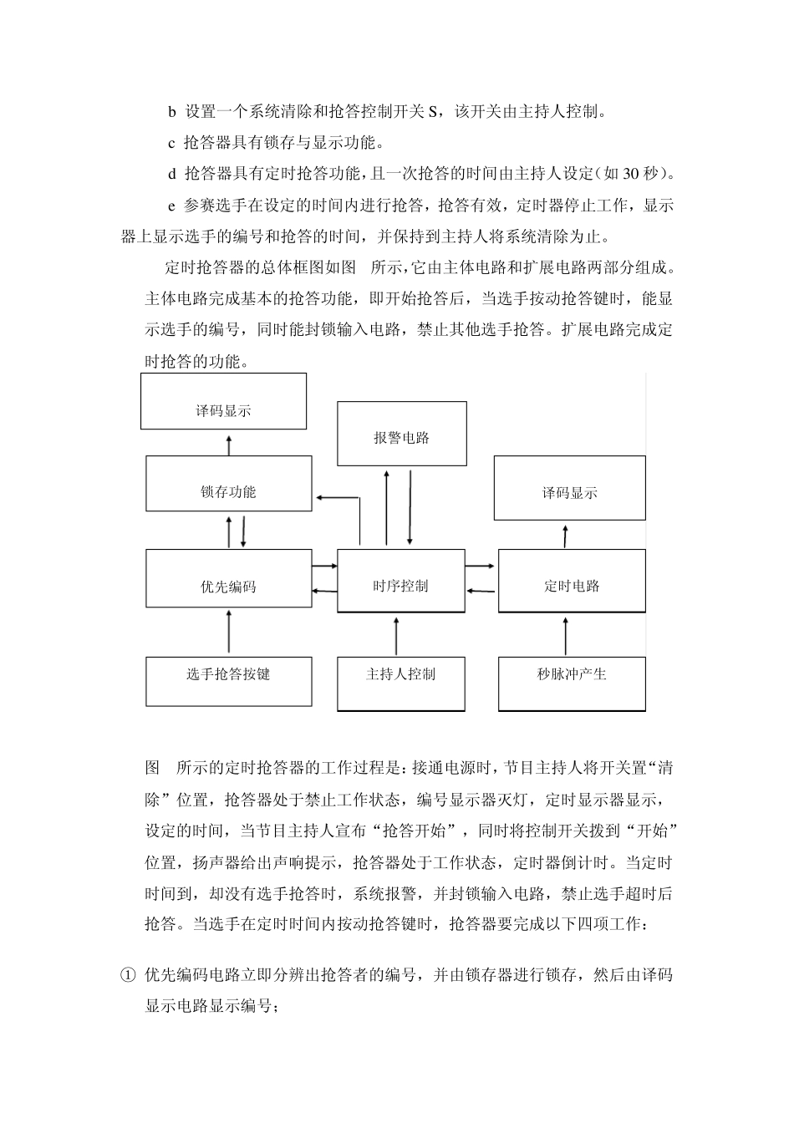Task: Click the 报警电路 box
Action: (401, 434)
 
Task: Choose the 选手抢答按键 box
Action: (228, 682)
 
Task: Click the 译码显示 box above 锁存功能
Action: (223, 401)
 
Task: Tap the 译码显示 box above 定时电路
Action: (569, 488)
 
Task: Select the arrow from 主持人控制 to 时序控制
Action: (396, 636)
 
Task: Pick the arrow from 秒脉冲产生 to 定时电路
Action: (566, 636)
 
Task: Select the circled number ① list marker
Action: (128, 974)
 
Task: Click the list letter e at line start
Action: (171, 206)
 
